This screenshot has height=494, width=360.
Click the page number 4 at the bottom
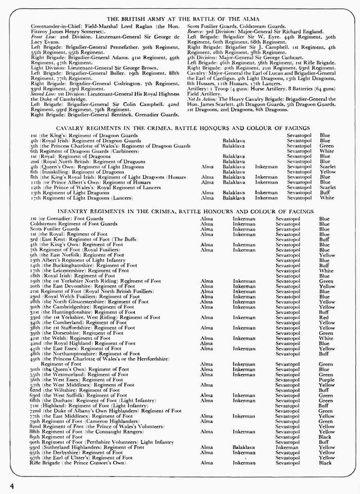[x=11, y=485]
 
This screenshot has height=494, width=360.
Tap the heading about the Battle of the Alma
[x=179, y=19]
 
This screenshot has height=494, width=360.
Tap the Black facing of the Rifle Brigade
[x=325, y=463]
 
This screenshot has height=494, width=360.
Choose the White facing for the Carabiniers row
[x=326, y=151]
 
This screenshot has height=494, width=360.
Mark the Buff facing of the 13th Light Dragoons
[x=324, y=192]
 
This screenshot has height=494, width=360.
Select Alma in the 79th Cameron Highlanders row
[x=206, y=421]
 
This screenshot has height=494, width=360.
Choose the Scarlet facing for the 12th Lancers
[x=327, y=187]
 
